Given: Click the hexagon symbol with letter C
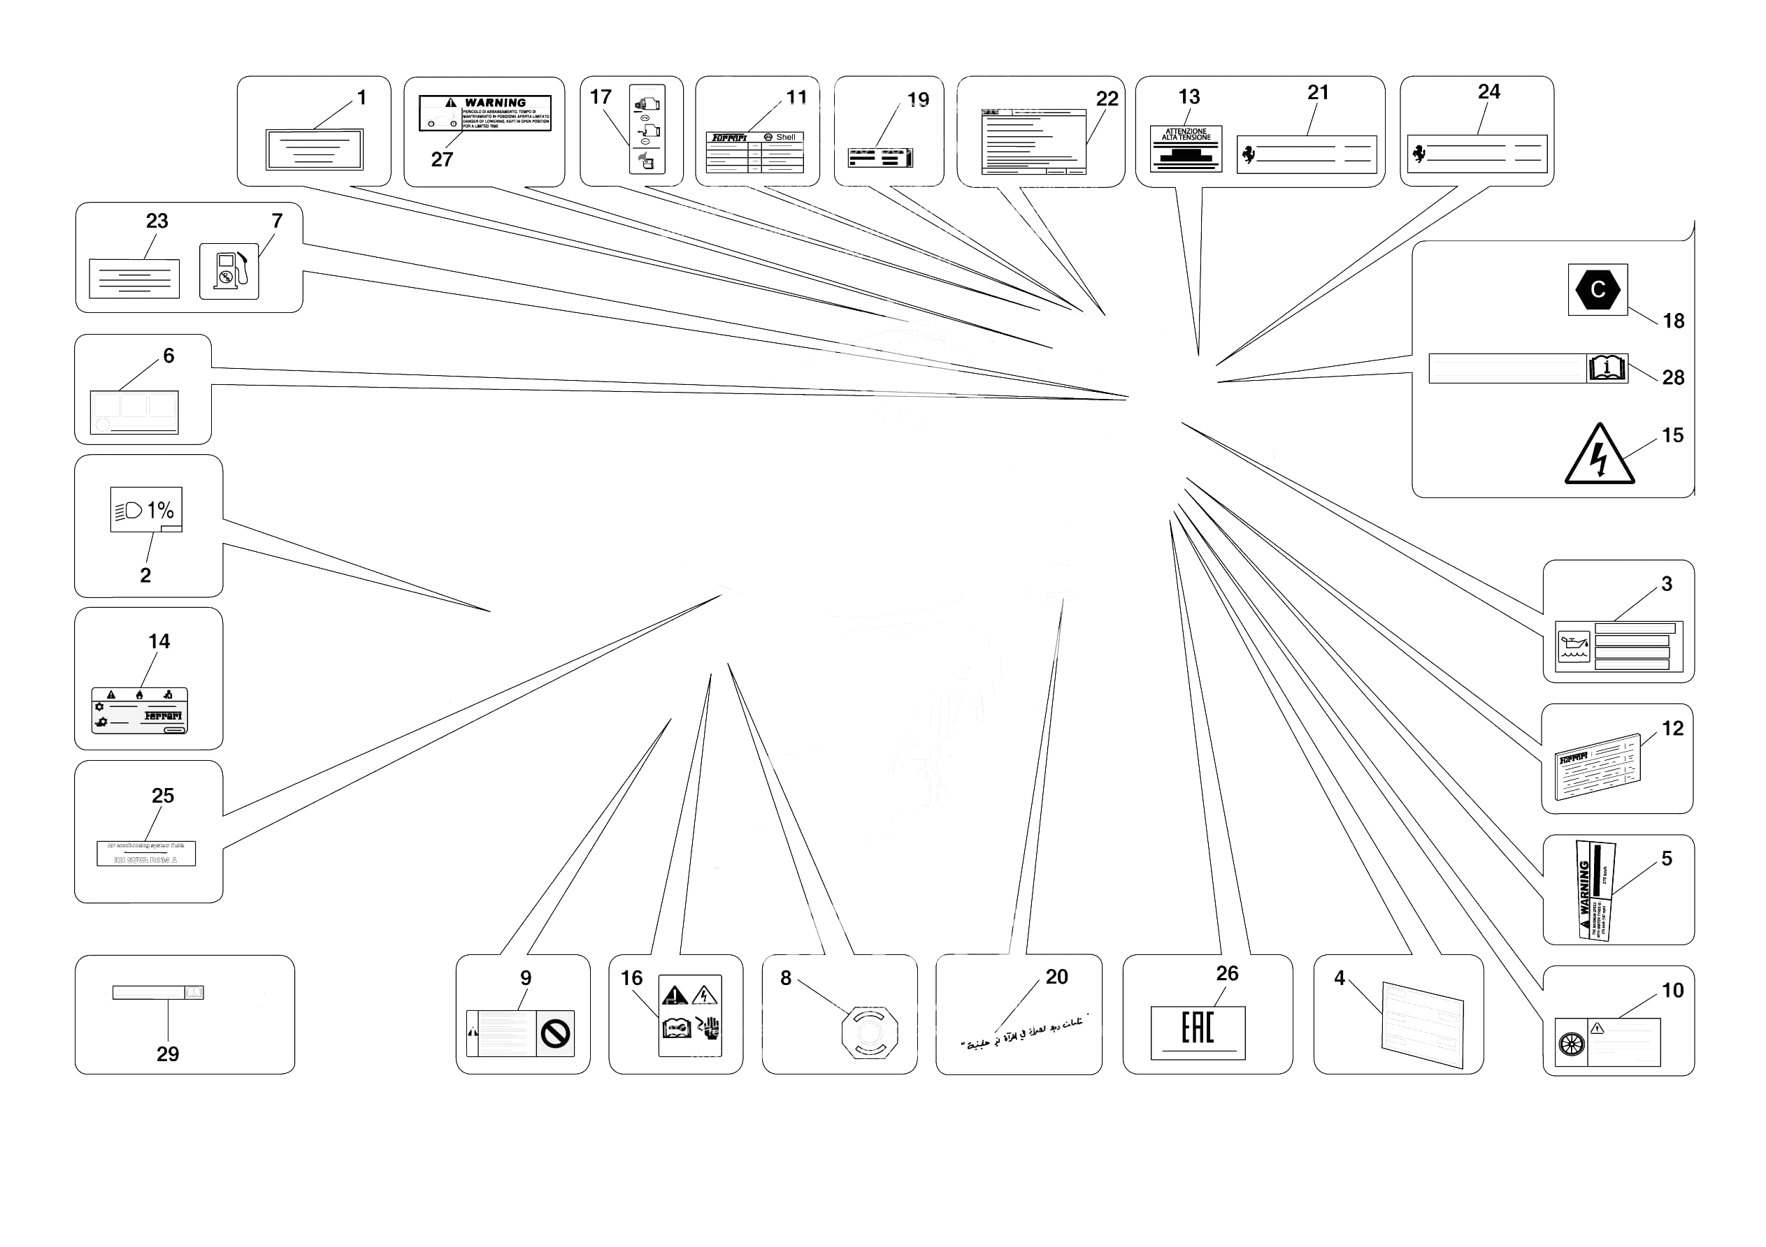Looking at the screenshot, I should (1598, 290).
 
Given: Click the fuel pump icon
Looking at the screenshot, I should (229, 271).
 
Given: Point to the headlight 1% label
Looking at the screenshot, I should (145, 509).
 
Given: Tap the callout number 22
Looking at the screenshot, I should (1106, 99).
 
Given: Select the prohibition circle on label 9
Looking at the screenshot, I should (554, 1033).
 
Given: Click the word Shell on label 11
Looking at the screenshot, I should (785, 137).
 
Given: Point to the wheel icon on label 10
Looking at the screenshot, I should (1572, 1043).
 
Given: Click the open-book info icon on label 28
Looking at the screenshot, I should (1607, 368).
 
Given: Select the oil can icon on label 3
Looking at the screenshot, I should (1573, 647).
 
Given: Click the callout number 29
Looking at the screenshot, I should (168, 1053).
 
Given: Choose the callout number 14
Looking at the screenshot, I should (159, 641).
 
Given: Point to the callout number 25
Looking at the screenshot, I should (162, 795).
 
